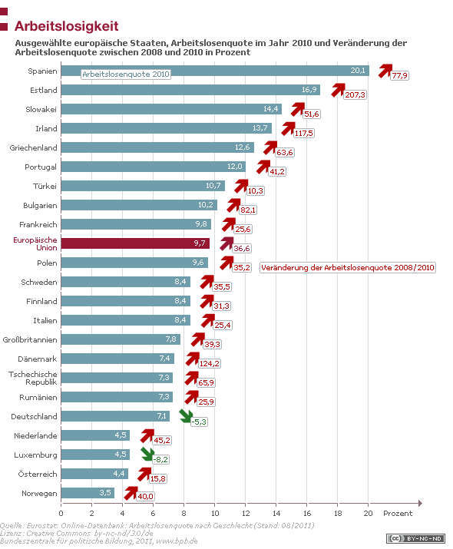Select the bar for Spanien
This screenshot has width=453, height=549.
point(214,71)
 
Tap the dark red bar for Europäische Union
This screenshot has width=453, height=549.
point(135,243)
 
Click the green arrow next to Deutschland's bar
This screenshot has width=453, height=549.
point(184,416)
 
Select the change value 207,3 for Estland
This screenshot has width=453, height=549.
point(355,94)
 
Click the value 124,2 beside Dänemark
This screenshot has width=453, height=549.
point(209,363)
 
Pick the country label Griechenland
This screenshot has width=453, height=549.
point(34,147)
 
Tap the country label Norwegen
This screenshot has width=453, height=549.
point(39,493)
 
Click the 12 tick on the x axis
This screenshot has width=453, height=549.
point(246,513)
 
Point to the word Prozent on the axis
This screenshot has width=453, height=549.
point(398,513)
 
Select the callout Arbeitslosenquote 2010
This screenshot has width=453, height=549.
point(126,74)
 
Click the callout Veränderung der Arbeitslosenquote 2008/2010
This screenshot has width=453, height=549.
point(349,267)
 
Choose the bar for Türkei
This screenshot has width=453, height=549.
point(143,186)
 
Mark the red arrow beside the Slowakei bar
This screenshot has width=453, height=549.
point(295,108)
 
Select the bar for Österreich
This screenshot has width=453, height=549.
point(94,474)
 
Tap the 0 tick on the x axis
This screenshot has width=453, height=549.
point(61,513)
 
